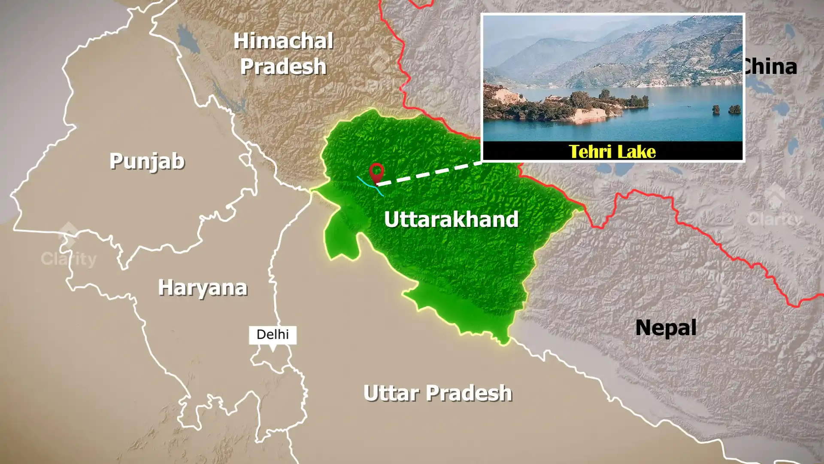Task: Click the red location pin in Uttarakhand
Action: [376, 172]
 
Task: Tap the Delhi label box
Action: [273, 335]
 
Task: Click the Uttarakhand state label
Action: [451, 220]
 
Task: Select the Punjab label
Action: [147, 162]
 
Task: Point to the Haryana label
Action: [203, 287]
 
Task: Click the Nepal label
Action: [666, 328]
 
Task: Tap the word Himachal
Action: [283, 41]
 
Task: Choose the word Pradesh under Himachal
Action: [283, 67]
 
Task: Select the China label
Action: [770, 67]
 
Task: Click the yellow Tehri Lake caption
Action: [612, 152]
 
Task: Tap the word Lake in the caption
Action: [637, 152]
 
